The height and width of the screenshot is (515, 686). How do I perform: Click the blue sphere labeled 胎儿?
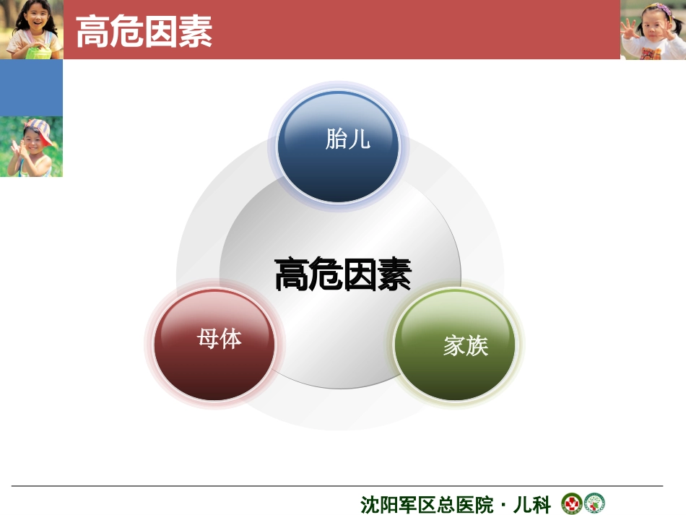pyautogui.click(x=338, y=147)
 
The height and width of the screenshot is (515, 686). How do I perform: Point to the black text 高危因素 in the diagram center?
pyautogui.click(x=343, y=275)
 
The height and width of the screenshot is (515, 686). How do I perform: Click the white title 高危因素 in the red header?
pyautogui.click(x=144, y=31)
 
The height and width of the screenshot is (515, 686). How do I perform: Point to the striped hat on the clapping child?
pyautogui.click(x=40, y=129)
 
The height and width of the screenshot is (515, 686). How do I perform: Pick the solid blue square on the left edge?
pyautogui.click(x=31, y=88)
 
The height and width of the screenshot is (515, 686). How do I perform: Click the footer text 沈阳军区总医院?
pyautogui.click(x=426, y=504)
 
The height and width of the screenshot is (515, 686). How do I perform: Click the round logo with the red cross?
pyautogui.click(x=572, y=503)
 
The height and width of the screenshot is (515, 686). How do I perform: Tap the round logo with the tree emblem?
pyautogui.click(x=594, y=503)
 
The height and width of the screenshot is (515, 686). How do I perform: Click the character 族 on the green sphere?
pyautogui.click(x=477, y=347)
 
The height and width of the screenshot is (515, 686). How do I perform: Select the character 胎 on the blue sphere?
pyautogui.click(x=336, y=139)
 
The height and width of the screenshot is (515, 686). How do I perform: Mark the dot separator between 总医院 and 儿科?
pyautogui.click(x=503, y=504)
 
